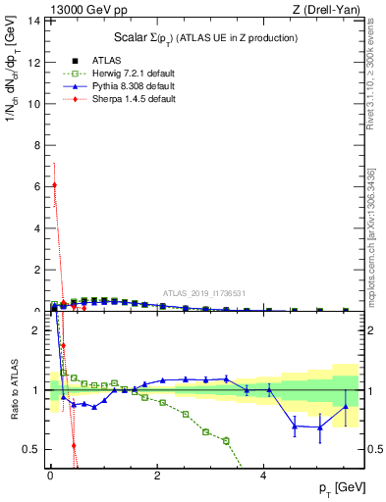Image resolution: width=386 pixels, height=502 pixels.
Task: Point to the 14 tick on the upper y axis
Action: coord(34,21)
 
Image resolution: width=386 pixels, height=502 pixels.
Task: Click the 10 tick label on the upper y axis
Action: coord(34,103)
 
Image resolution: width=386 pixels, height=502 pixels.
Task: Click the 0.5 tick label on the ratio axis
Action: coord(32,449)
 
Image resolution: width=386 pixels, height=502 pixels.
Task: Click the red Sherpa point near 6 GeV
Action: coord(54,185)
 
